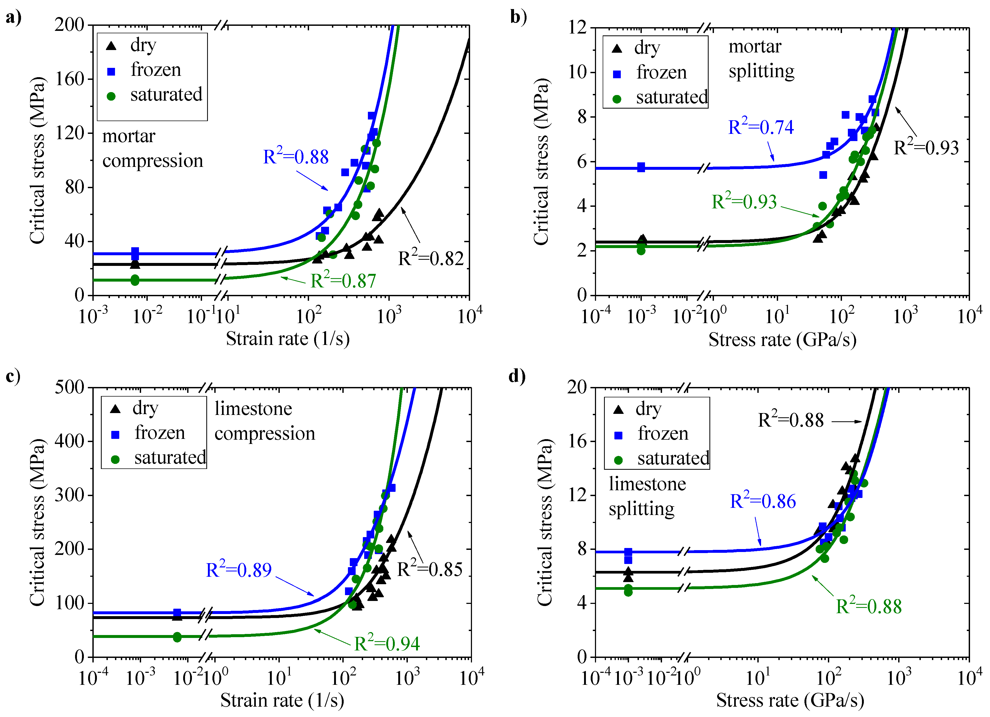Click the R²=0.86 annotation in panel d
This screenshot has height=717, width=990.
[x=763, y=501]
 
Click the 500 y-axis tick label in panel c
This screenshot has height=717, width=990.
[x=69, y=387]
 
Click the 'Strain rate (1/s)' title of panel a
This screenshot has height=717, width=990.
[x=288, y=338]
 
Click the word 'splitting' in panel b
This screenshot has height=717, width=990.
[x=761, y=71]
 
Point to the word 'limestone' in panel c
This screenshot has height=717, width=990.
[x=253, y=409]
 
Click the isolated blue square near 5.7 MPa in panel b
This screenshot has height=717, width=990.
[x=641, y=167]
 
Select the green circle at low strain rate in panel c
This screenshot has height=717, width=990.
[x=177, y=637]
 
